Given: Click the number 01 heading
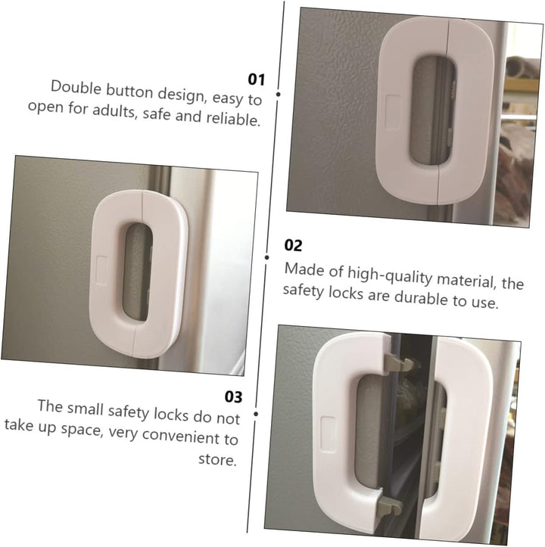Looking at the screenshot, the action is tap(257, 79).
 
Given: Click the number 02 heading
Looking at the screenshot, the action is tap(293, 245).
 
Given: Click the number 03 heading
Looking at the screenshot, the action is tap(233, 396).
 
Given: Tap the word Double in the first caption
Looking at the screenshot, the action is tap(76, 87).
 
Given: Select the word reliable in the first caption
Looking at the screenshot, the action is tap(233, 119).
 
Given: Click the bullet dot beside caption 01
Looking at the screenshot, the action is tap(279, 94).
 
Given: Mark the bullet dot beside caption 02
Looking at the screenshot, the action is tap(266, 257).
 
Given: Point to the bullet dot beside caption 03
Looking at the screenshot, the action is tap(256, 414).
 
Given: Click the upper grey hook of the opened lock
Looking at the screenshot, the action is tap(399, 363).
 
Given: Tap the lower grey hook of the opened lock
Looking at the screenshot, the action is tap(389, 505).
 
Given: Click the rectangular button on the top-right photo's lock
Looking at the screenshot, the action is tap(393, 112).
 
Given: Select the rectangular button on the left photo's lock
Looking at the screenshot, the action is tap(101, 270).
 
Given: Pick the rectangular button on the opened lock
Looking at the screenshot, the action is tap(329, 435).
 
